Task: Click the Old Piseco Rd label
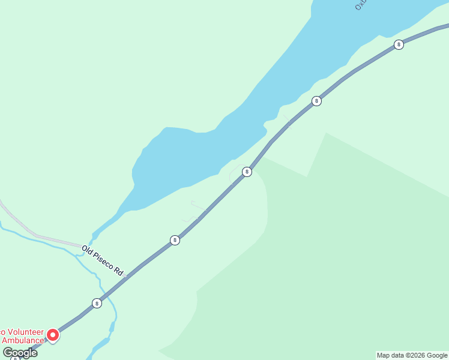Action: coord(103,260)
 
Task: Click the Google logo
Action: coord(20,353)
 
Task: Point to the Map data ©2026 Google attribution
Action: coord(412,355)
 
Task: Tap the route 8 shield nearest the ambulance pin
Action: coord(97,303)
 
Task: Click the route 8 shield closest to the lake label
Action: coord(399,44)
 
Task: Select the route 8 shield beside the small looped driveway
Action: coord(247,172)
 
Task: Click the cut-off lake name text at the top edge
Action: coord(361,5)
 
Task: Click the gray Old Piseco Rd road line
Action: coord(54,240)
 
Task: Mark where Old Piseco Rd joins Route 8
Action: coord(128,275)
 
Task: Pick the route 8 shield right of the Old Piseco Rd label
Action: coord(175,240)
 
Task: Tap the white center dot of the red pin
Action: coord(53,334)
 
